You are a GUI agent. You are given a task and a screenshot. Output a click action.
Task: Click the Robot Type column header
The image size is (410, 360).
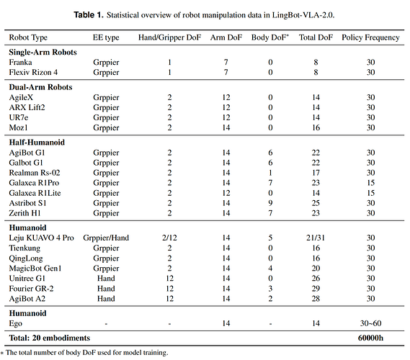click(x=28, y=37)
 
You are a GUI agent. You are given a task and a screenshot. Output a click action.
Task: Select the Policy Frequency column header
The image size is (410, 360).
click(x=370, y=37)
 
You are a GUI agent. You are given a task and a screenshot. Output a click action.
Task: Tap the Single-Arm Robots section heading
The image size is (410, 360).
click(x=43, y=53)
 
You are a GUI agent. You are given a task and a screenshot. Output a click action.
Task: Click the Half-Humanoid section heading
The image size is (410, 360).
click(x=37, y=143)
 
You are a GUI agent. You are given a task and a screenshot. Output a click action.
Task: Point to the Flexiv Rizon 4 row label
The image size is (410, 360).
click(x=33, y=73)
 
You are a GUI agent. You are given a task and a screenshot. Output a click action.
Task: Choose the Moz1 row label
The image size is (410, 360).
click(x=18, y=127)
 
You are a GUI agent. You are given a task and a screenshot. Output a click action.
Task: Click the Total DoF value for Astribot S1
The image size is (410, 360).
click(x=316, y=203)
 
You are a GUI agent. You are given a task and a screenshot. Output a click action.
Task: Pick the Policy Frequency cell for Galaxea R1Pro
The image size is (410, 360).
click(x=371, y=183)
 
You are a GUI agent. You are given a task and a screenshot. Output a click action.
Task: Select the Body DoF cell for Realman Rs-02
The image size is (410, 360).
click(x=270, y=173)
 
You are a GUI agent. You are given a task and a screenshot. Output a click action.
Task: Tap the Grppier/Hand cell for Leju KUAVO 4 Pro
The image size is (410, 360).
click(x=106, y=238)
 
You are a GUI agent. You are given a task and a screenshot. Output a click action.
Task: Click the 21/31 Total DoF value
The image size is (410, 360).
click(x=316, y=238)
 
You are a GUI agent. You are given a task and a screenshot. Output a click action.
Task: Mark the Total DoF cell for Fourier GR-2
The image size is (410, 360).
click(x=316, y=289)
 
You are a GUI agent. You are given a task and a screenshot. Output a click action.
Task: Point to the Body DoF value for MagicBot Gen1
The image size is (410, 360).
click(x=270, y=269)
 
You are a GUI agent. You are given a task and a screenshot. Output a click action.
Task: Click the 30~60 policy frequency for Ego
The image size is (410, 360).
click(x=371, y=323)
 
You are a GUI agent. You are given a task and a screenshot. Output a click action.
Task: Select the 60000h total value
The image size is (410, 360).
click(x=371, y=338)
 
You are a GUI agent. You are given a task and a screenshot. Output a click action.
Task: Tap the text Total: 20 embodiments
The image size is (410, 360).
click(x=50, y=338)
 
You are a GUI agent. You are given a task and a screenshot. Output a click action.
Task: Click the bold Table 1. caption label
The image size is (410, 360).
click(x=89, y=15)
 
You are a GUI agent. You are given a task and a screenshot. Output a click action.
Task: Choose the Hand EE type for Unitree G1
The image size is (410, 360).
click(x=106, y=279)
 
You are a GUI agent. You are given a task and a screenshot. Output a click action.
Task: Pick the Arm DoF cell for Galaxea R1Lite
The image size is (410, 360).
click(x=226, y=193)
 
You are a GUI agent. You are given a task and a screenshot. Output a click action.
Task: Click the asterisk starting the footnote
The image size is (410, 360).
click(x=2, y=354)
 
